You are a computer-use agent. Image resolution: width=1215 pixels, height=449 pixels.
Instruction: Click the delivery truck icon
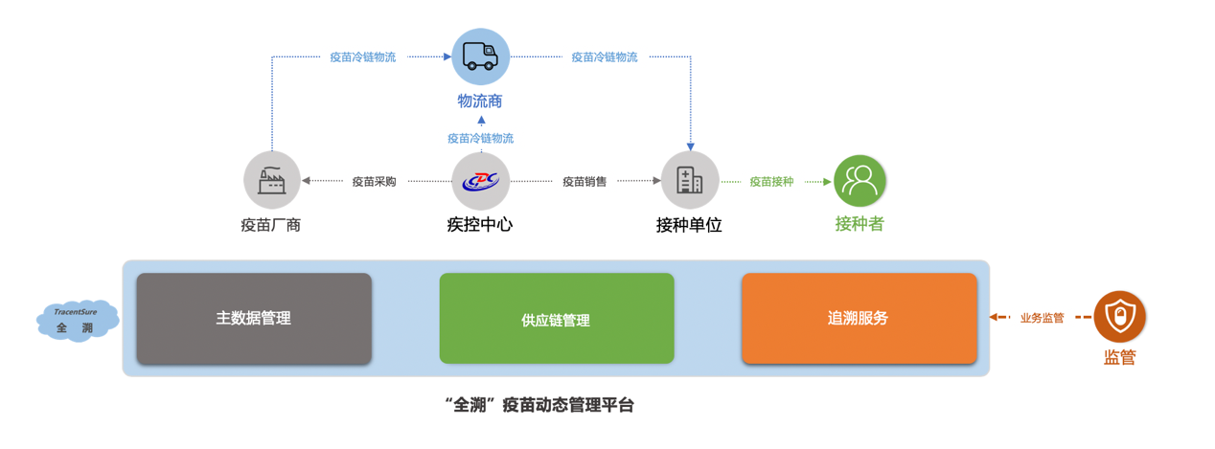(x=481, y=56)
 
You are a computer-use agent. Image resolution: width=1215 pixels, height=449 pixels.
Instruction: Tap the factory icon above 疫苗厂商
(x=272, y=180)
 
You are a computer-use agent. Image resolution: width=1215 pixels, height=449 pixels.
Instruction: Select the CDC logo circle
(x=481, y=181)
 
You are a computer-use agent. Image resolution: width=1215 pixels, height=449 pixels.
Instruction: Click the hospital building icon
(x=690, y=180)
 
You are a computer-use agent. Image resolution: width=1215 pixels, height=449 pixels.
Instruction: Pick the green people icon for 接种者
(x=860, y=181)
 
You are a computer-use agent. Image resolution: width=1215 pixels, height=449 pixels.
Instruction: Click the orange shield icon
(x=1119, y=317)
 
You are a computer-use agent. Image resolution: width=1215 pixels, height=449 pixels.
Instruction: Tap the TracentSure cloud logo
(x=78, y=321)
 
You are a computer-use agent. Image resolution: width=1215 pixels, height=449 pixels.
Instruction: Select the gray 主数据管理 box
(x=254, y=319)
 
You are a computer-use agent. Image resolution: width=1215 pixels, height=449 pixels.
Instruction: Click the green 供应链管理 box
(x=557, y=319)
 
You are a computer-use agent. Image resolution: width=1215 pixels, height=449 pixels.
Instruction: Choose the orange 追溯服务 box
(x=860, y=319)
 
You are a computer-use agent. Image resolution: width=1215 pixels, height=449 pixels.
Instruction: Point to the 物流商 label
(x=480, y=101)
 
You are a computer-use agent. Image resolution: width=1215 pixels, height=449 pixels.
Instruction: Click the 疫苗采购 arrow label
(x=375, y=182)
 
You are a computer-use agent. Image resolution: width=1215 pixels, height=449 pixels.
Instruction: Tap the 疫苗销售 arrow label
(x=585, y=182)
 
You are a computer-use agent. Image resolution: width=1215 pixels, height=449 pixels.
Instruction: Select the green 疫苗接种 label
(x=772, y=182)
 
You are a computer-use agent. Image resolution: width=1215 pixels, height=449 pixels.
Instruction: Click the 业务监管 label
(x=1042, y=318)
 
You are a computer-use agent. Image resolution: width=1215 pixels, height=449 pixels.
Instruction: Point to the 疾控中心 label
(x=480, y=224)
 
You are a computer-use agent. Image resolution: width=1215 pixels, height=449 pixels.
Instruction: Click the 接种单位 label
(x=689, y=225)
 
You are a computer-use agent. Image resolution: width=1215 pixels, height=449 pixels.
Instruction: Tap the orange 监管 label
(x=1119, y=357)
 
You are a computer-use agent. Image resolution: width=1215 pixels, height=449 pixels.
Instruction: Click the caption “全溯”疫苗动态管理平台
(x=539, y=405)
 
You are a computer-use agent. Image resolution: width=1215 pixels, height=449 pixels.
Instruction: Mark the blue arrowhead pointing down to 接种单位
(x=691, y=146)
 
